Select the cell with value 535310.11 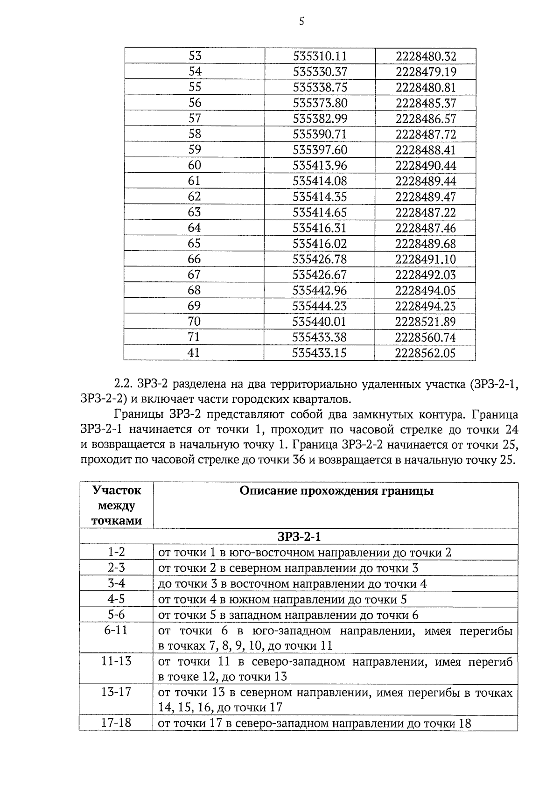(320, 56)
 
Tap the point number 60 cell (194, 165)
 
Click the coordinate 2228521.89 (425, 322)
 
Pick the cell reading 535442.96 (320, 290)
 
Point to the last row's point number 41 (194, 353)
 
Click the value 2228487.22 (426, 212)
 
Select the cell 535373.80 (320, 103)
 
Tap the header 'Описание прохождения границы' (336, 491)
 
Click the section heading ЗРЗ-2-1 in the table (299, 537)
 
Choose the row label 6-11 (116, 631)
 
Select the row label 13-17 (116, 692)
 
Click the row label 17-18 (116, 723)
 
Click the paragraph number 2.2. (124, 385)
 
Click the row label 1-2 (116, 552)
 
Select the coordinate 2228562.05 (425, 353)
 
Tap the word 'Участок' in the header (117, 491)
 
